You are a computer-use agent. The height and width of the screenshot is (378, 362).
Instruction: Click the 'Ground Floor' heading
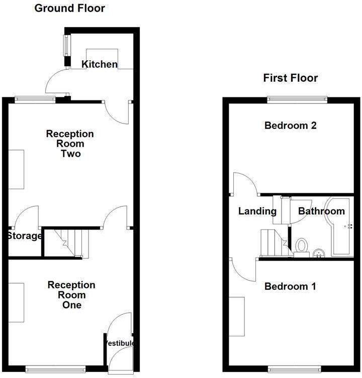click(69, 8)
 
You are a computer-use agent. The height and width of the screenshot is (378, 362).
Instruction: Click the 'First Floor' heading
click(291, 78)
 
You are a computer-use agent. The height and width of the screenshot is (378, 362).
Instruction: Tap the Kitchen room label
click(100, 64)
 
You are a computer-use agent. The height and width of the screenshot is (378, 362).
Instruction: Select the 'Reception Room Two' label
click(70, 144)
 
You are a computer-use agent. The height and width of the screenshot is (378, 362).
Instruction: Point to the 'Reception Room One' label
click(71, 295)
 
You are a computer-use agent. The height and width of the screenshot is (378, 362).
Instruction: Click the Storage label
click(24, 236)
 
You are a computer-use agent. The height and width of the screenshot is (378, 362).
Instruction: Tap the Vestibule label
click(120, 343)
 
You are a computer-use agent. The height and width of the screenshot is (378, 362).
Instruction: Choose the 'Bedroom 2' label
click(290, 125)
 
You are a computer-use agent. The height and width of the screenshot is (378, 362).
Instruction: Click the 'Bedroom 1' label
click(290, 287)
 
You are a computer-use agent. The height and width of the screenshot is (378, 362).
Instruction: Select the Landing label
click(257, 211)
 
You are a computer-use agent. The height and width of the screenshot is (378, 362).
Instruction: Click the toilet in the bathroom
click(302, 246)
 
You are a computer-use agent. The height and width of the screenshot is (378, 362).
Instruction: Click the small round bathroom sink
click(318, 253)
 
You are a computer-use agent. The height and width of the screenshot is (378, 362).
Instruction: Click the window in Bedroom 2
click(297, 99)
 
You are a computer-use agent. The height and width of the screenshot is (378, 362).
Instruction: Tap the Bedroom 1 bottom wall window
click(297, 368)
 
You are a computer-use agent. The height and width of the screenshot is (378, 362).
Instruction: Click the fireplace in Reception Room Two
click(16, 169)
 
